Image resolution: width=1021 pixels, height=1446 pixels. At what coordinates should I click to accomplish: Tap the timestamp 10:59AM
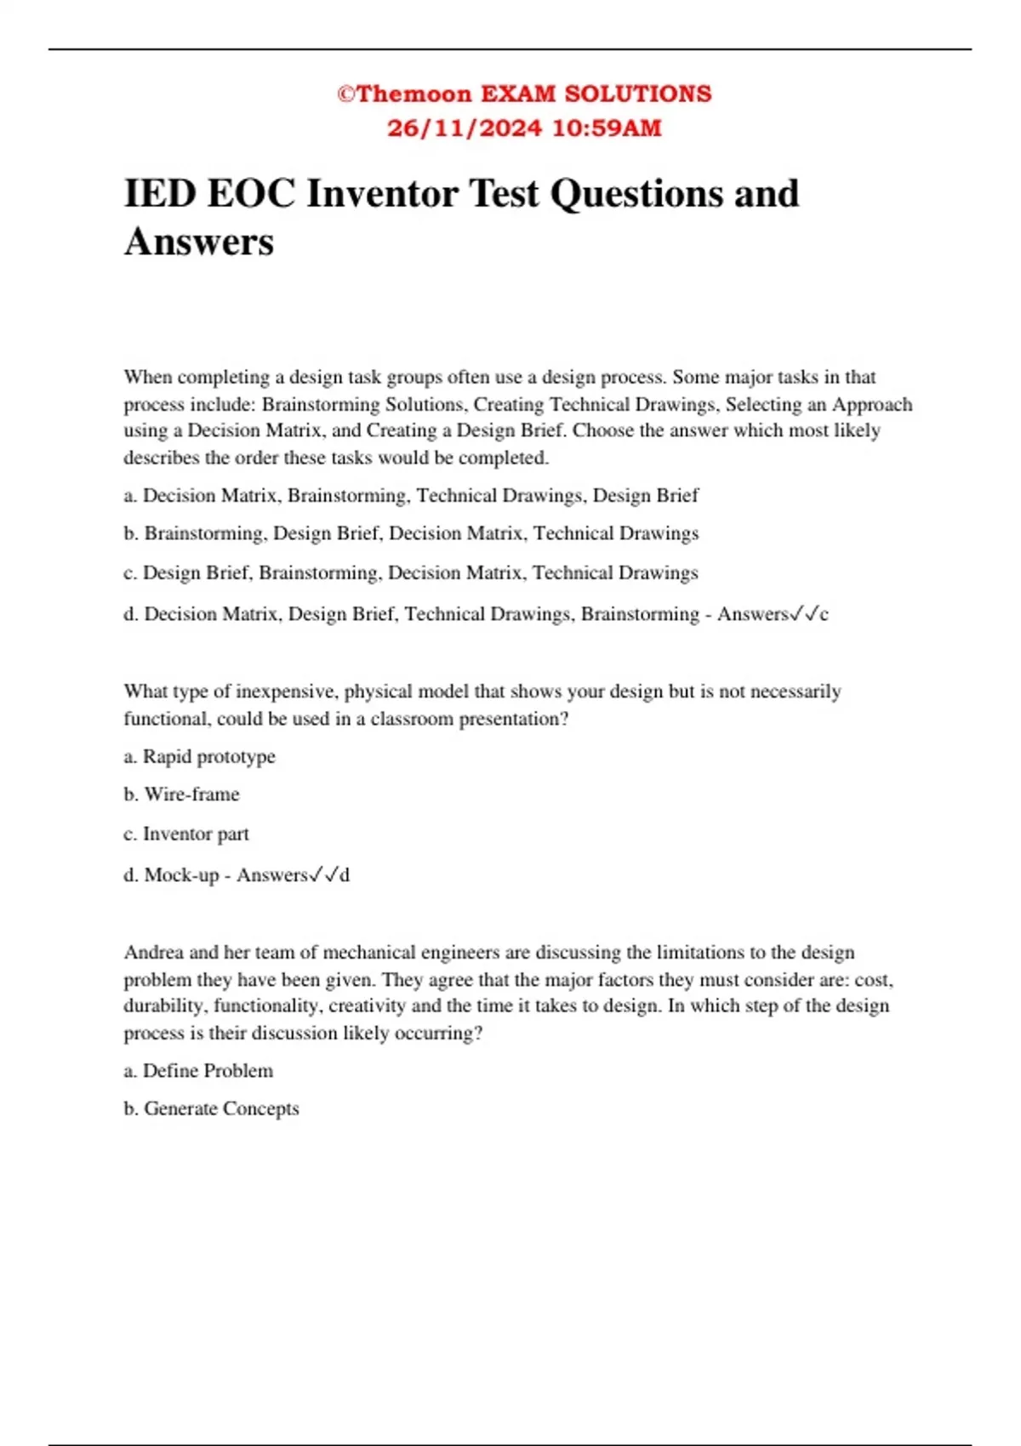point(607,128)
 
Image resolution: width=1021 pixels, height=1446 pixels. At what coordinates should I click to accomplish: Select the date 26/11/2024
point(464,128)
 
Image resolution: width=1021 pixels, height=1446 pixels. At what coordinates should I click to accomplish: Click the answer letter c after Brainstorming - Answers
point(824,614)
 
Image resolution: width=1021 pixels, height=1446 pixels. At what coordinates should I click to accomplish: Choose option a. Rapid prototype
point(200,756)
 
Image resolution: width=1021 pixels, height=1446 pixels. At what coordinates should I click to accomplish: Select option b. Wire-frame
point(182,794)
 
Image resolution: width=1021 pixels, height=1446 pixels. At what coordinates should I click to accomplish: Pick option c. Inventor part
point(186,834)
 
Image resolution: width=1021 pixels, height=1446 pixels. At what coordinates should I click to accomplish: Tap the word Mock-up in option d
point(181,874)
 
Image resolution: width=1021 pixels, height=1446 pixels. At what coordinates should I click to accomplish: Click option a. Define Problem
point(198,1071)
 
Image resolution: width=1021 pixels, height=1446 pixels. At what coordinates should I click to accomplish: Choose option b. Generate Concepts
point(212,1109)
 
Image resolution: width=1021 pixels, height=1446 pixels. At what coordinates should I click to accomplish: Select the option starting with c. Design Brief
point(410,572)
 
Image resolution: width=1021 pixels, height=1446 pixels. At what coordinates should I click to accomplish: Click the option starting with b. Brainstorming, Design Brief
point(411,533)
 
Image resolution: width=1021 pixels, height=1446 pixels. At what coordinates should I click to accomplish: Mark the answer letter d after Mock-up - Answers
point(344,875)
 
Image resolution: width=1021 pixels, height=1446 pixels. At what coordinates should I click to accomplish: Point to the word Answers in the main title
point(199,242)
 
